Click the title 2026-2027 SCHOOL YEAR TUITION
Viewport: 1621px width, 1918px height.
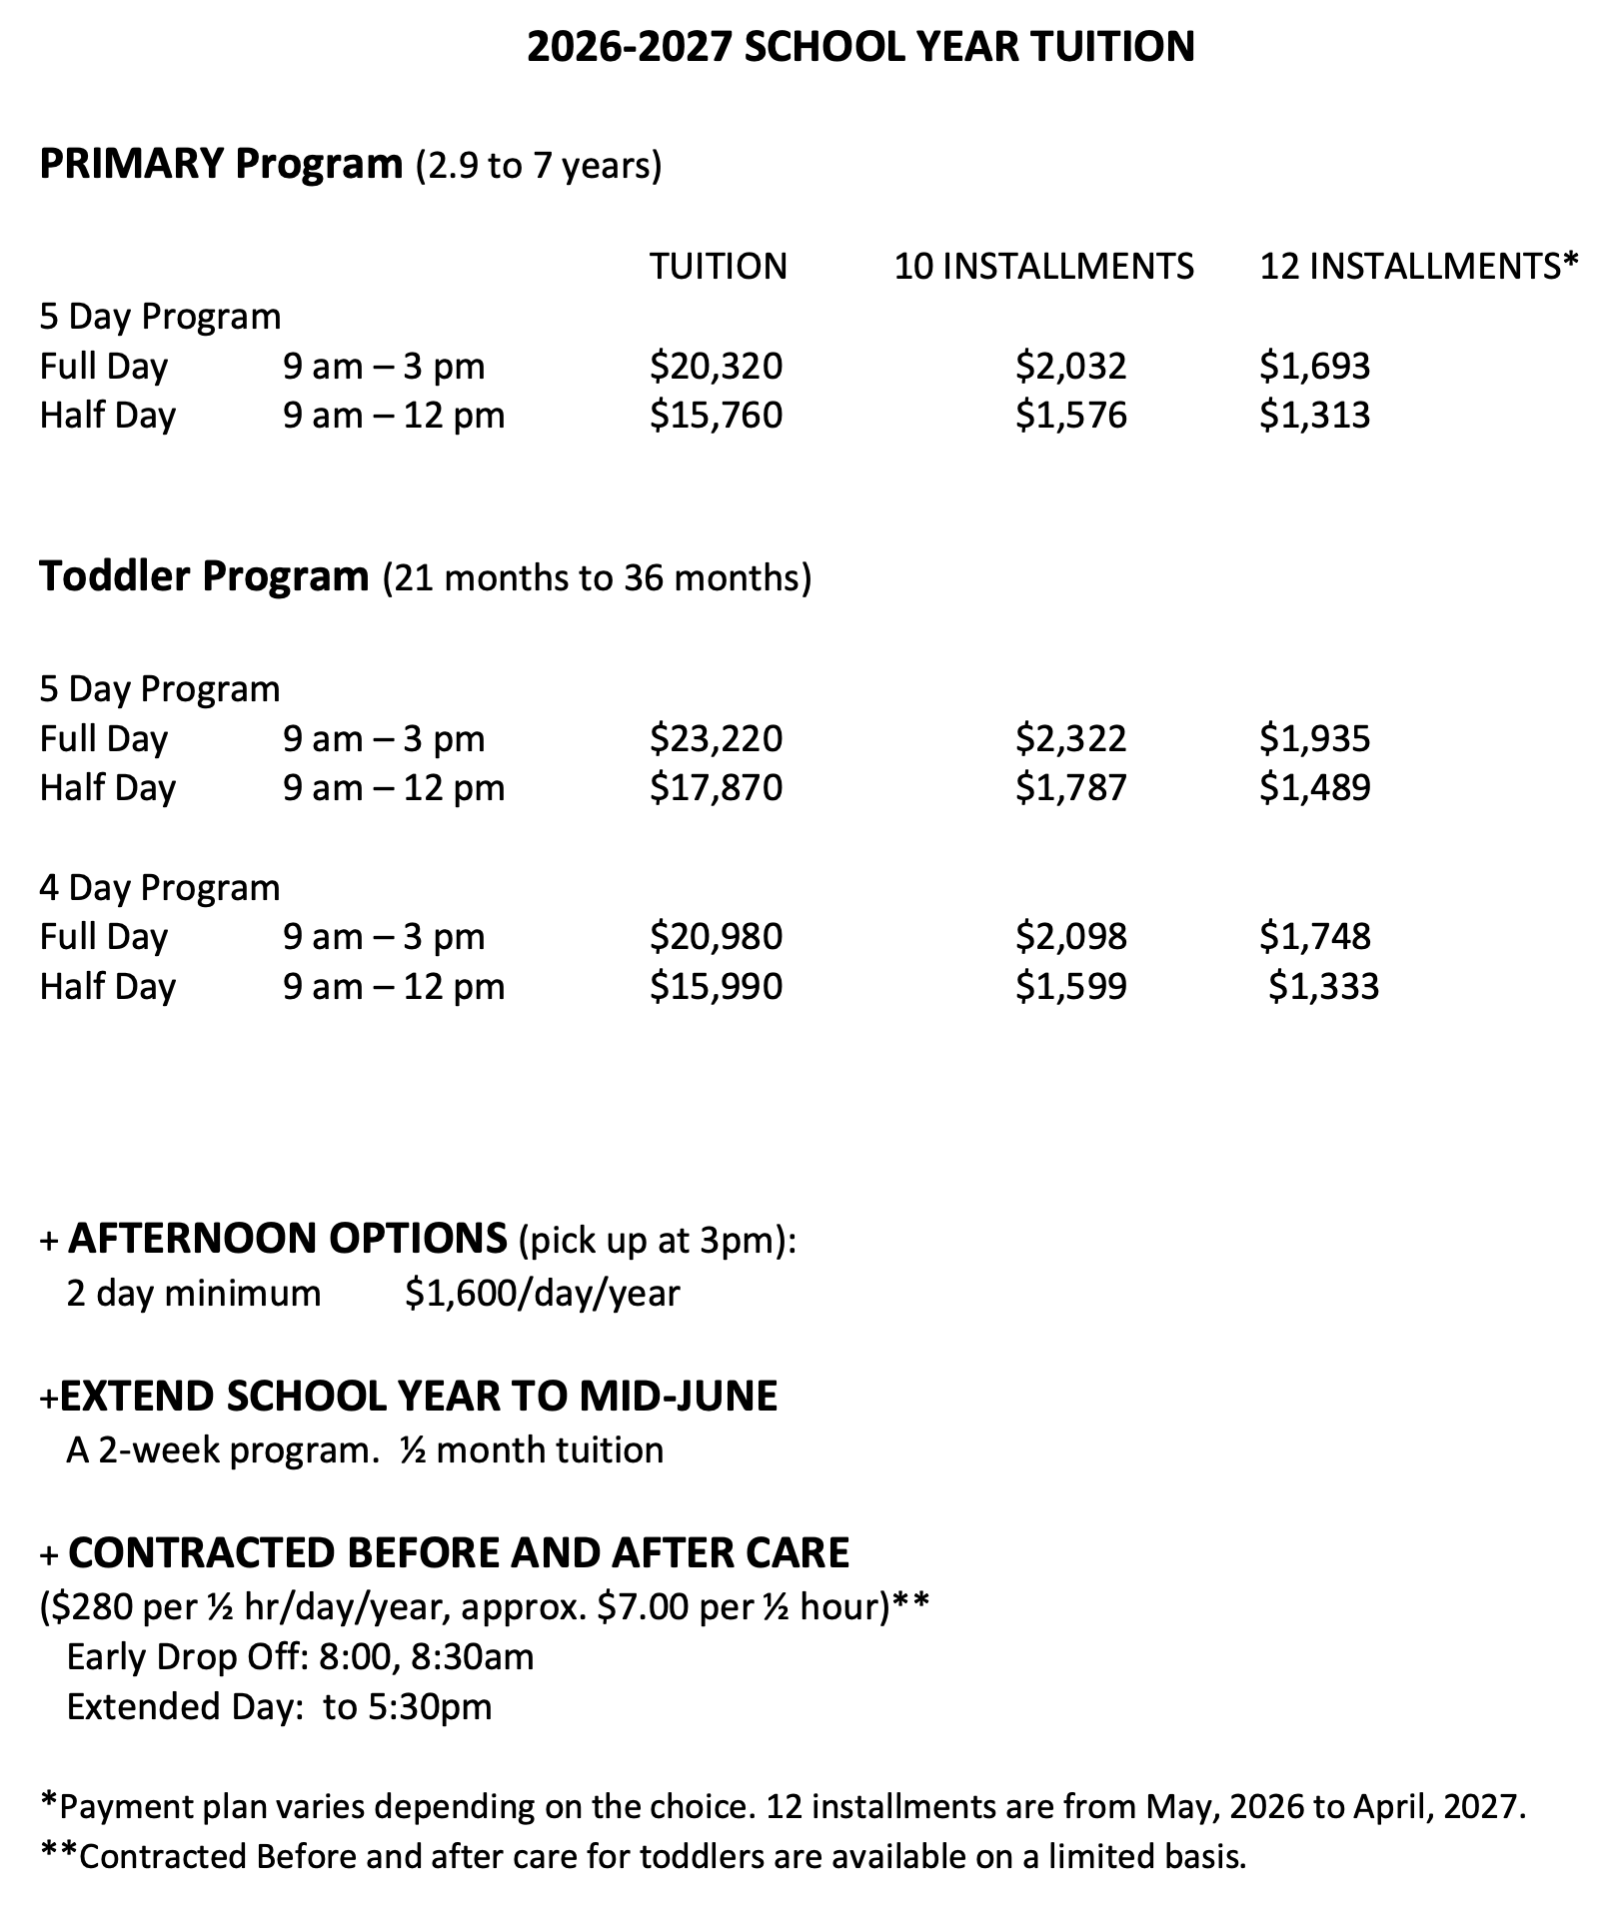tap(859, 47)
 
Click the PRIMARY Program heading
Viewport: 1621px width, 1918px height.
tap(220, 163)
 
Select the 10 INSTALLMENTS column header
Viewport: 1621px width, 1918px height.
tap(1043, 266)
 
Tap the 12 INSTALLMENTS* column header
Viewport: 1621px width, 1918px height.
tap(1418, 266)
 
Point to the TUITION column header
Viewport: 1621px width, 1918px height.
tap(718, 266)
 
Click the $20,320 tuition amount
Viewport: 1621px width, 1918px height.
tap(716, 366)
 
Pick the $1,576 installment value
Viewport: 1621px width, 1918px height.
tap(1070, 415)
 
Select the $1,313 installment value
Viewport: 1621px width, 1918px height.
tap(1314, 415)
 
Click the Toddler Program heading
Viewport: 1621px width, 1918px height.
tap(204, 576)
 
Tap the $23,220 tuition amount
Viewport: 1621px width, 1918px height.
tap(716, 738)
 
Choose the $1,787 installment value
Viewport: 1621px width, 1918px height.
tap(1070, 787)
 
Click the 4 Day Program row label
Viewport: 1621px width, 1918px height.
tap(160, 887)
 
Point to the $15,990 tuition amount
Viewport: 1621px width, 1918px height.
tap(716, 986)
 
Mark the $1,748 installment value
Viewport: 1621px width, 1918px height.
tap(1314, 936)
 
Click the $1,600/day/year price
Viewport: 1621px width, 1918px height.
tap(543, 1293)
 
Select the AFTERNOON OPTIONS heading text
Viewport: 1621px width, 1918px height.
tap(288, 1239)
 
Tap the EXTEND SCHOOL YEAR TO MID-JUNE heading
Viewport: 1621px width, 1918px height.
tap(418, 1396)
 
